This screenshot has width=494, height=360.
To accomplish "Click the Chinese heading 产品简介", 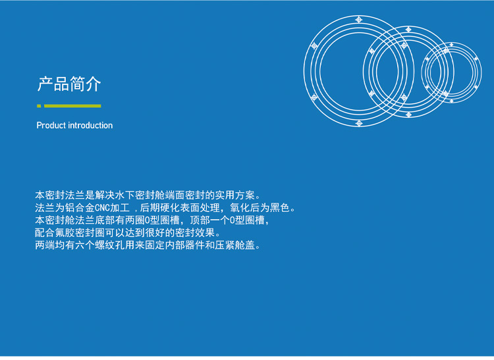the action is pyautogui.click(x=69, y=84).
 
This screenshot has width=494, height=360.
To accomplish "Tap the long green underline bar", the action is pyautogui.click(x=72, y=106).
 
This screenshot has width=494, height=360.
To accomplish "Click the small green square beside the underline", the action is pyautogui.click(x=39, y=106).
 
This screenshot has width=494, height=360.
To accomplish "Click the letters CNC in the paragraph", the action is pyautogui.click(x=102, y=208).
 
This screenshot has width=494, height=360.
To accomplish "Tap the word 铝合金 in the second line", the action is pyautogui.click(x=80, y=208).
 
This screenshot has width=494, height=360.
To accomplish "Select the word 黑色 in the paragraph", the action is pyautogui.click(x=280, y=208).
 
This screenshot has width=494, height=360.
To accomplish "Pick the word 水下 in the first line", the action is pyautogui.click(x=125, y=195).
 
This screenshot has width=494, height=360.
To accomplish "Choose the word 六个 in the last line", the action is pyautogui.click(x=85, y=245).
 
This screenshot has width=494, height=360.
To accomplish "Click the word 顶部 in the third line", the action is pyautogui.click(x=200, y=220).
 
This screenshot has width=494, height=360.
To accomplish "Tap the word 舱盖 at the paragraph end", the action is pyautogui.click(x=245, y=245).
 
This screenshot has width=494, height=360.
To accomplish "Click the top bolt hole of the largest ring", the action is pyautogui.click(x=358, y=20).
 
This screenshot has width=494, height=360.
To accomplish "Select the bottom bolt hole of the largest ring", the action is pyautogui.click(x=358, y=123).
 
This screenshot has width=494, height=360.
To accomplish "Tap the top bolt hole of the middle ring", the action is pyautogui.click(x=408, y=30).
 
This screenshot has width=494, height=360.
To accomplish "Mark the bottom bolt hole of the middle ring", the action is pyautogui.click(x=408, y=115).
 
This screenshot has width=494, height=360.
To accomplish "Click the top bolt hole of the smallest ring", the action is pyautogui.click(x=451, y=45).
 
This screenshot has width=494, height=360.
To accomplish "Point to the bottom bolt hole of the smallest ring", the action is pyautogui.click(x=451, y=101).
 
